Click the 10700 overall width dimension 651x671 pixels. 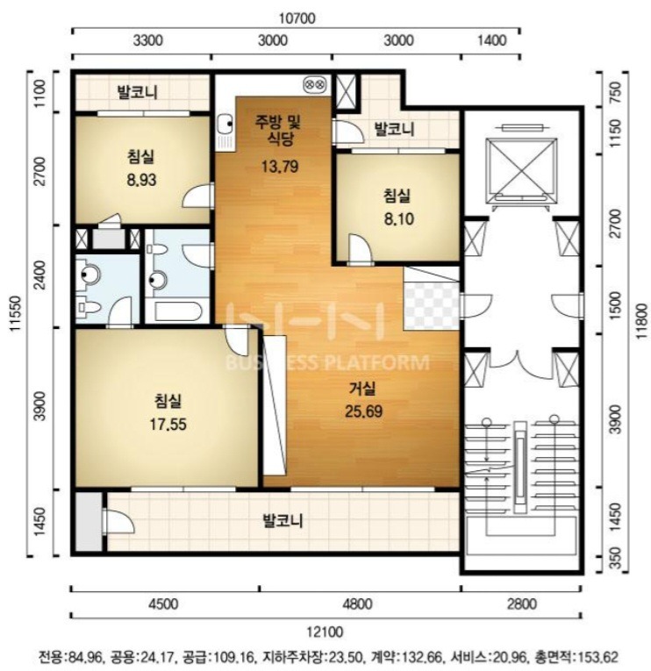(x=297, y=18)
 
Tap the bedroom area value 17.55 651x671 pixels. (x=168, y=425)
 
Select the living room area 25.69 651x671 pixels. (x=363, y=411)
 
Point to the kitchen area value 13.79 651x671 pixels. (x=280, y=166)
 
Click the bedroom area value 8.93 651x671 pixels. (x=141, y=180)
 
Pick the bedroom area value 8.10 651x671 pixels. (x=398, y=219)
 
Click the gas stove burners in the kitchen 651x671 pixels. (x=315, y=84)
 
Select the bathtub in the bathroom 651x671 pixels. (x=177, y=312)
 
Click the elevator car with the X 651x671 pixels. (x=521, y=171)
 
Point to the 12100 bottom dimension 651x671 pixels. (x=325, y=632)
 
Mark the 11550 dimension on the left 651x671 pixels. (x=17, y=314)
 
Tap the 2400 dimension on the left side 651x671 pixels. (x=39, y=275)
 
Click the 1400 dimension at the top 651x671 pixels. (x=492, y=40)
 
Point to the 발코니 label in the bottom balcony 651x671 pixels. (x=283, y=521)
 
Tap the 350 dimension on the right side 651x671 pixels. (x=615, y=558)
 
